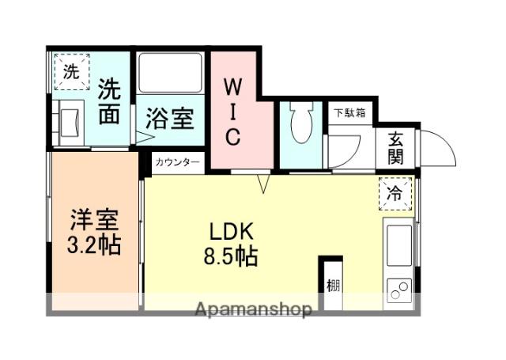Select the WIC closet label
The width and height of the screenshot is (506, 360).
pyautogui.click(x=234, y=111)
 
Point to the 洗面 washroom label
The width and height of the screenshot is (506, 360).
pyautogui.click(x=110, y=102)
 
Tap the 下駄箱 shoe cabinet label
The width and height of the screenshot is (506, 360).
pyautogui.click(x=348, y=113)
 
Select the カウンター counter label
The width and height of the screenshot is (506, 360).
pyautogui.click(x=177, y=162)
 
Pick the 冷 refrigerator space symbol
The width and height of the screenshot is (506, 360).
pyautogui.click(x=395, y=192)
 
